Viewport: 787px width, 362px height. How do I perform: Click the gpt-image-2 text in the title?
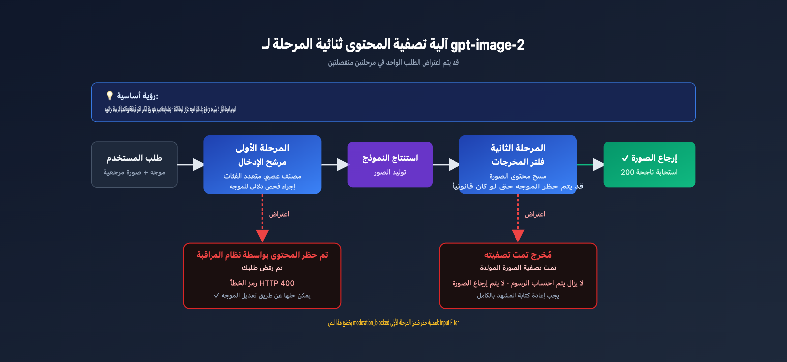pos(487,45)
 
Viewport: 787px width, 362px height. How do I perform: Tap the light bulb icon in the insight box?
pos(110,96)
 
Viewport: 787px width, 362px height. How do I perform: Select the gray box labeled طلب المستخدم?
pos(134,164)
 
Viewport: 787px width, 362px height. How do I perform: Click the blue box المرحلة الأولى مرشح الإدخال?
pos(262,164)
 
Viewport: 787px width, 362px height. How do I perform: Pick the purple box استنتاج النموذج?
pos(390,164)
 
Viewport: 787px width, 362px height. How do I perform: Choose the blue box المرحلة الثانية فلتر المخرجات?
pos(518,164)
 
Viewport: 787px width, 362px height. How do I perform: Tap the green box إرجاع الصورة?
pos(649,164)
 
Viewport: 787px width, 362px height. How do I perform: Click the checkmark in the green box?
pos(625,158)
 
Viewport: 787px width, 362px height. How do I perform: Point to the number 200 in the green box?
pos(627,172)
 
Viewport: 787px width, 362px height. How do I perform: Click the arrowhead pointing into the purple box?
pos(342,164)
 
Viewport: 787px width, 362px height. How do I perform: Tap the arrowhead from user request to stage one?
pos(198,164)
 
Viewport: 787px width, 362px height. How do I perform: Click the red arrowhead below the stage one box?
pos(262,236)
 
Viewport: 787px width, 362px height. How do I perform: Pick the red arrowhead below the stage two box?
pos(518,236)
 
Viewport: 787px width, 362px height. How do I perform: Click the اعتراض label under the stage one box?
pos(279,214)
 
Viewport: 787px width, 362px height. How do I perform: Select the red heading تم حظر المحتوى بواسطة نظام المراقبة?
pos(262,255)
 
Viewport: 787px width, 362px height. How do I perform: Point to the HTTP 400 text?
pos(276,283)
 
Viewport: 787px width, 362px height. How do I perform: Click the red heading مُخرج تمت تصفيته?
pos(518,255)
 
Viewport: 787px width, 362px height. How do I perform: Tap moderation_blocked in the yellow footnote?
pos(371,323)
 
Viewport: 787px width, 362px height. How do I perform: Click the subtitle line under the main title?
pos(393,62)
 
